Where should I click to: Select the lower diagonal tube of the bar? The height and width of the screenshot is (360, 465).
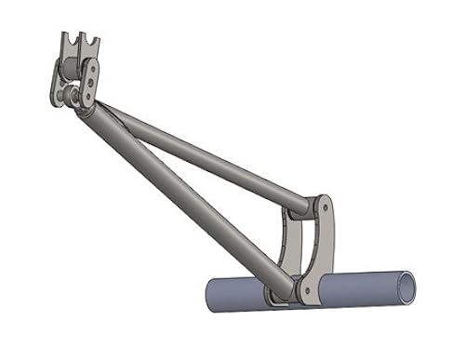(186, 195)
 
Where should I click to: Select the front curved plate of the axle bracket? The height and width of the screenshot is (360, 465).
(317, 247)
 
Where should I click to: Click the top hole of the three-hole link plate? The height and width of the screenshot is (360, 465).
(94, 68)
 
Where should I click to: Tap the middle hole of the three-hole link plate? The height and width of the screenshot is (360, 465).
(88, 82)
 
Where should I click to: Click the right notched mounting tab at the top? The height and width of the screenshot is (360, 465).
(90, 47)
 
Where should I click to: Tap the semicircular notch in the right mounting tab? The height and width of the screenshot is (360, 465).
(91, 40)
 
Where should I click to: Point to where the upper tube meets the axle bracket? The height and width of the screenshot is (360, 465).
(307, 202)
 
